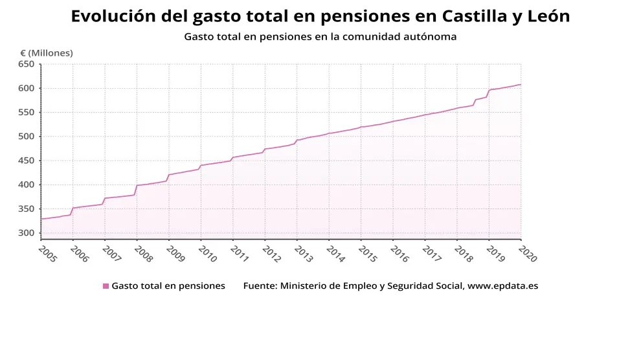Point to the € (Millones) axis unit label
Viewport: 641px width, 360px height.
[47, 53]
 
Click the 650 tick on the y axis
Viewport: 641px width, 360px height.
[26, 64]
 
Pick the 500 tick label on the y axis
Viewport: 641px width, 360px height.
[26, 137]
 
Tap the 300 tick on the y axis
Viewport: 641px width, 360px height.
[26, 233]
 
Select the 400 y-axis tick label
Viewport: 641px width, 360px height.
[26, 185]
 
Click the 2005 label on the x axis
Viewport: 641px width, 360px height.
[48, 253]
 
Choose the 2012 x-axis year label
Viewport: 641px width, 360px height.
[272, 253]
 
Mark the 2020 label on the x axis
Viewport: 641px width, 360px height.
[528, 253]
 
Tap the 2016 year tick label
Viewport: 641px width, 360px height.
[400, 253]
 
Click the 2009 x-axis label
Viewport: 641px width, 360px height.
[176, 253]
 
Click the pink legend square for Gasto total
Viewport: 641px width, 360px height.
[106, 286]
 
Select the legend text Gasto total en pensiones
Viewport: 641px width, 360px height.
[168, 286]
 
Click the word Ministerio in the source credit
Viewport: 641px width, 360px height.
[304, 286]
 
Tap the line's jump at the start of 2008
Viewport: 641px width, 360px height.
[136, 190]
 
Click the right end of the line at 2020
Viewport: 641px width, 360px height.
[521, 85]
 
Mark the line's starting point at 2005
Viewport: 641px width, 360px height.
[41, 219]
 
